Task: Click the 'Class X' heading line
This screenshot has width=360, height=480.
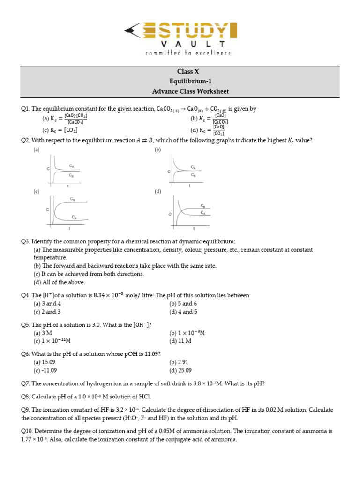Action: pyautogui.click(x=184, y=72)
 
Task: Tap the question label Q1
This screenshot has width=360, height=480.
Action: pyautogui.click(x=25, y=109)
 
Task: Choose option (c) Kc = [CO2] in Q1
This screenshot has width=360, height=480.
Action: pyautogui.click(x=60, y=130)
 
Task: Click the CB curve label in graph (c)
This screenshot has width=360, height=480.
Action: pyautogui.click(x=73, y=199)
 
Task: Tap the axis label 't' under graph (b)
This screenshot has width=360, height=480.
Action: pyautogui.click(x=189, y=186)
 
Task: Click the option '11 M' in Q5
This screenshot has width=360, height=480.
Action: pyautogui.click(x=180, y=341)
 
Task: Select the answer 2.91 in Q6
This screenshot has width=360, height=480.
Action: pyautogui.click(x=180, y=362)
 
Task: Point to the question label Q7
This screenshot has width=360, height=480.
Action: pyautogui.click(x=25, y=383)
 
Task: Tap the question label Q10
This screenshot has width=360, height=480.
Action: pyautogui.click(x=27, y=431)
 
